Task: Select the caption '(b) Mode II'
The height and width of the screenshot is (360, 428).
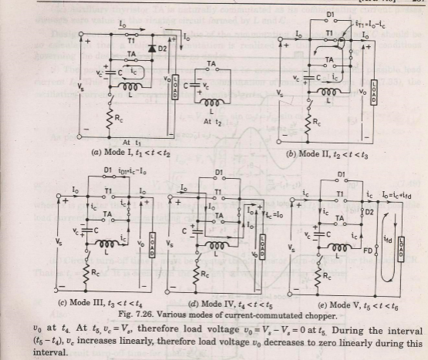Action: tap(323, 155)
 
